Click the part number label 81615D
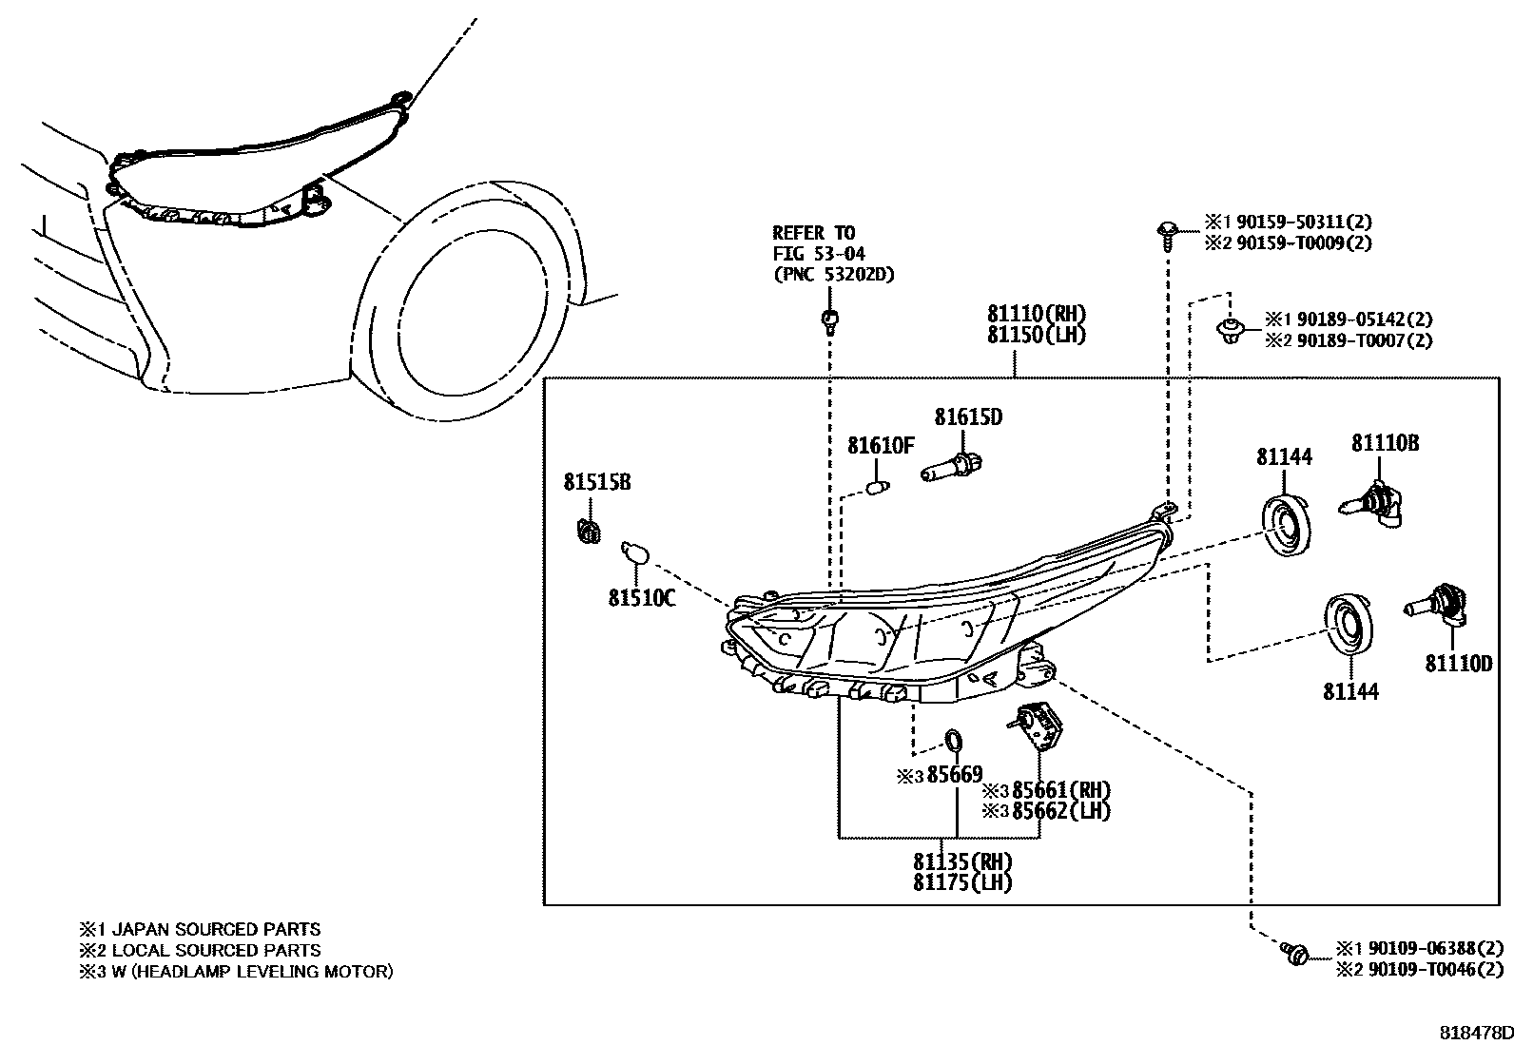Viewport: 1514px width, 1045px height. click(x=967, y=416)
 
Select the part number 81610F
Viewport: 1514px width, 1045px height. click(x=881, y=445)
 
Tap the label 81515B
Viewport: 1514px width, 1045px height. click(x=596, y=482)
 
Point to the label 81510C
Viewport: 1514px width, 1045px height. click(x=642, y=598)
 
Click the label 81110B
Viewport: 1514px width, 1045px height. click(x=1386, y=443)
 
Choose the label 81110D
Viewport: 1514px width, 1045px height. click(x=1458, y=664)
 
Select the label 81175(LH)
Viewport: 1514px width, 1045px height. click(x=962, y=882)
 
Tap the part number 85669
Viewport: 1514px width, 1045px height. click(x=955, y=775)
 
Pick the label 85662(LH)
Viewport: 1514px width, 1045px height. click(x=1060, y=811)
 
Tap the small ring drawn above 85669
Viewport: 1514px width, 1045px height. click(x=953, y=741)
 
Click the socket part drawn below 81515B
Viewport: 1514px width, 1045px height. click(x=589, y=530)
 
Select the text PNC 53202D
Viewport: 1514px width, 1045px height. click(x=833, y=275)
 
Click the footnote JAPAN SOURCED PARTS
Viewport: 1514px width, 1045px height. click(x=216, y=929)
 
